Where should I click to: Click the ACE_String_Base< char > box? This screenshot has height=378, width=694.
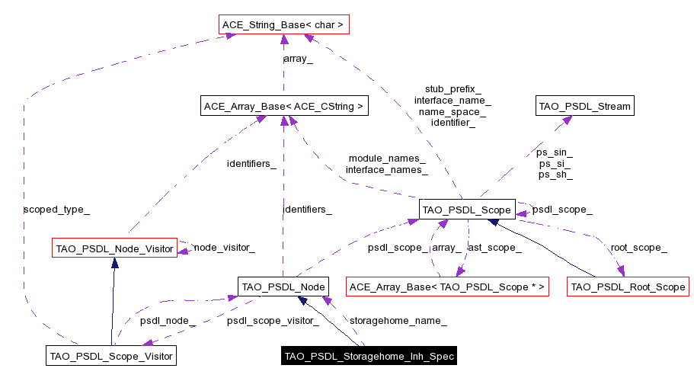tap(283, 25)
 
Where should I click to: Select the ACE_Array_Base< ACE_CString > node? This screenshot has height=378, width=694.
tap(283, 107)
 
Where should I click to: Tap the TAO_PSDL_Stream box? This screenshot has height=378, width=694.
tap(584, 107)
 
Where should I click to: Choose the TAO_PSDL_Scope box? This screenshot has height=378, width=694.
tap(468, 209)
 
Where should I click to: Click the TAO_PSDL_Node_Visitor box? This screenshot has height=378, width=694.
tap(114, 248)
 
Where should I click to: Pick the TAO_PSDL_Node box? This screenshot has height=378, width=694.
tap(283, 287)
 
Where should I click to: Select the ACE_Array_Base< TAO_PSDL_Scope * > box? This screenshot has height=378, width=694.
tap(447, 287)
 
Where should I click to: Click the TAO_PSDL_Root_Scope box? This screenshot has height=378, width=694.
tap(628, 287)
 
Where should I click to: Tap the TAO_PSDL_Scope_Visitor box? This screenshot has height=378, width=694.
tap(112, 355)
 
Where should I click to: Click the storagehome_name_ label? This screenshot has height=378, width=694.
tap(398, 321)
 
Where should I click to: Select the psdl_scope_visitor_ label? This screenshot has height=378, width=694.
tap(273, 321)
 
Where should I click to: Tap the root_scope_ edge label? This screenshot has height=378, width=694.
tap(638, 248)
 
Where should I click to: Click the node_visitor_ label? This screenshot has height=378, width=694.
tap(224, 248)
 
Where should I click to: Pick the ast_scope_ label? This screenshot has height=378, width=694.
tap(494, 248)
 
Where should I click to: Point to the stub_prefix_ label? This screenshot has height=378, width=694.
tap(453, 88)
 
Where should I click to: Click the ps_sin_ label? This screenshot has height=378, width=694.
tap(555, 152)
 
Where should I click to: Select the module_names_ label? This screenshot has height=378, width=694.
tap(386, 159)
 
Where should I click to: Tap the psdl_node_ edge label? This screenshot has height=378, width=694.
tap(168, 321)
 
